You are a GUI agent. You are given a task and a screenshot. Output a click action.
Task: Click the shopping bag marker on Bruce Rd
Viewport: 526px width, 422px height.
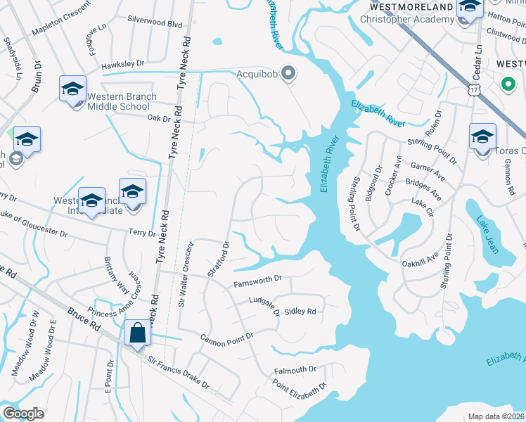coord(138,333)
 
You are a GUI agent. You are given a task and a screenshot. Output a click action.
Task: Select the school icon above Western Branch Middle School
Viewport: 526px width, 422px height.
coord(72,90)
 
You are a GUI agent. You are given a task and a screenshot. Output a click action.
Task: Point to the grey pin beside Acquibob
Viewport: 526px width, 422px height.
coord(288,72)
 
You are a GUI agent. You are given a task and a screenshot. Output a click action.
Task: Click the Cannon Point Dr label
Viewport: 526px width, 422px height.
coord(226,338)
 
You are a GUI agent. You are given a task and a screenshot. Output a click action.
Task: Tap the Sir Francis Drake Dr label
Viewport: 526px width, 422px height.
coord(178,372)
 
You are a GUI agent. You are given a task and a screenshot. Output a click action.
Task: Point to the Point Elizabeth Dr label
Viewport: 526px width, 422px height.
coord(300,385)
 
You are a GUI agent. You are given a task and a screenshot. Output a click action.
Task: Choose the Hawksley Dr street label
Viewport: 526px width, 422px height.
coord(122,64)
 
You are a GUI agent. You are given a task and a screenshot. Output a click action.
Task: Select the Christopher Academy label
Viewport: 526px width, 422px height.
coord(407,19)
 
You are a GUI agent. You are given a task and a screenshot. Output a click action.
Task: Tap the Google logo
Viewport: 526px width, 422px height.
coord(23,414)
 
